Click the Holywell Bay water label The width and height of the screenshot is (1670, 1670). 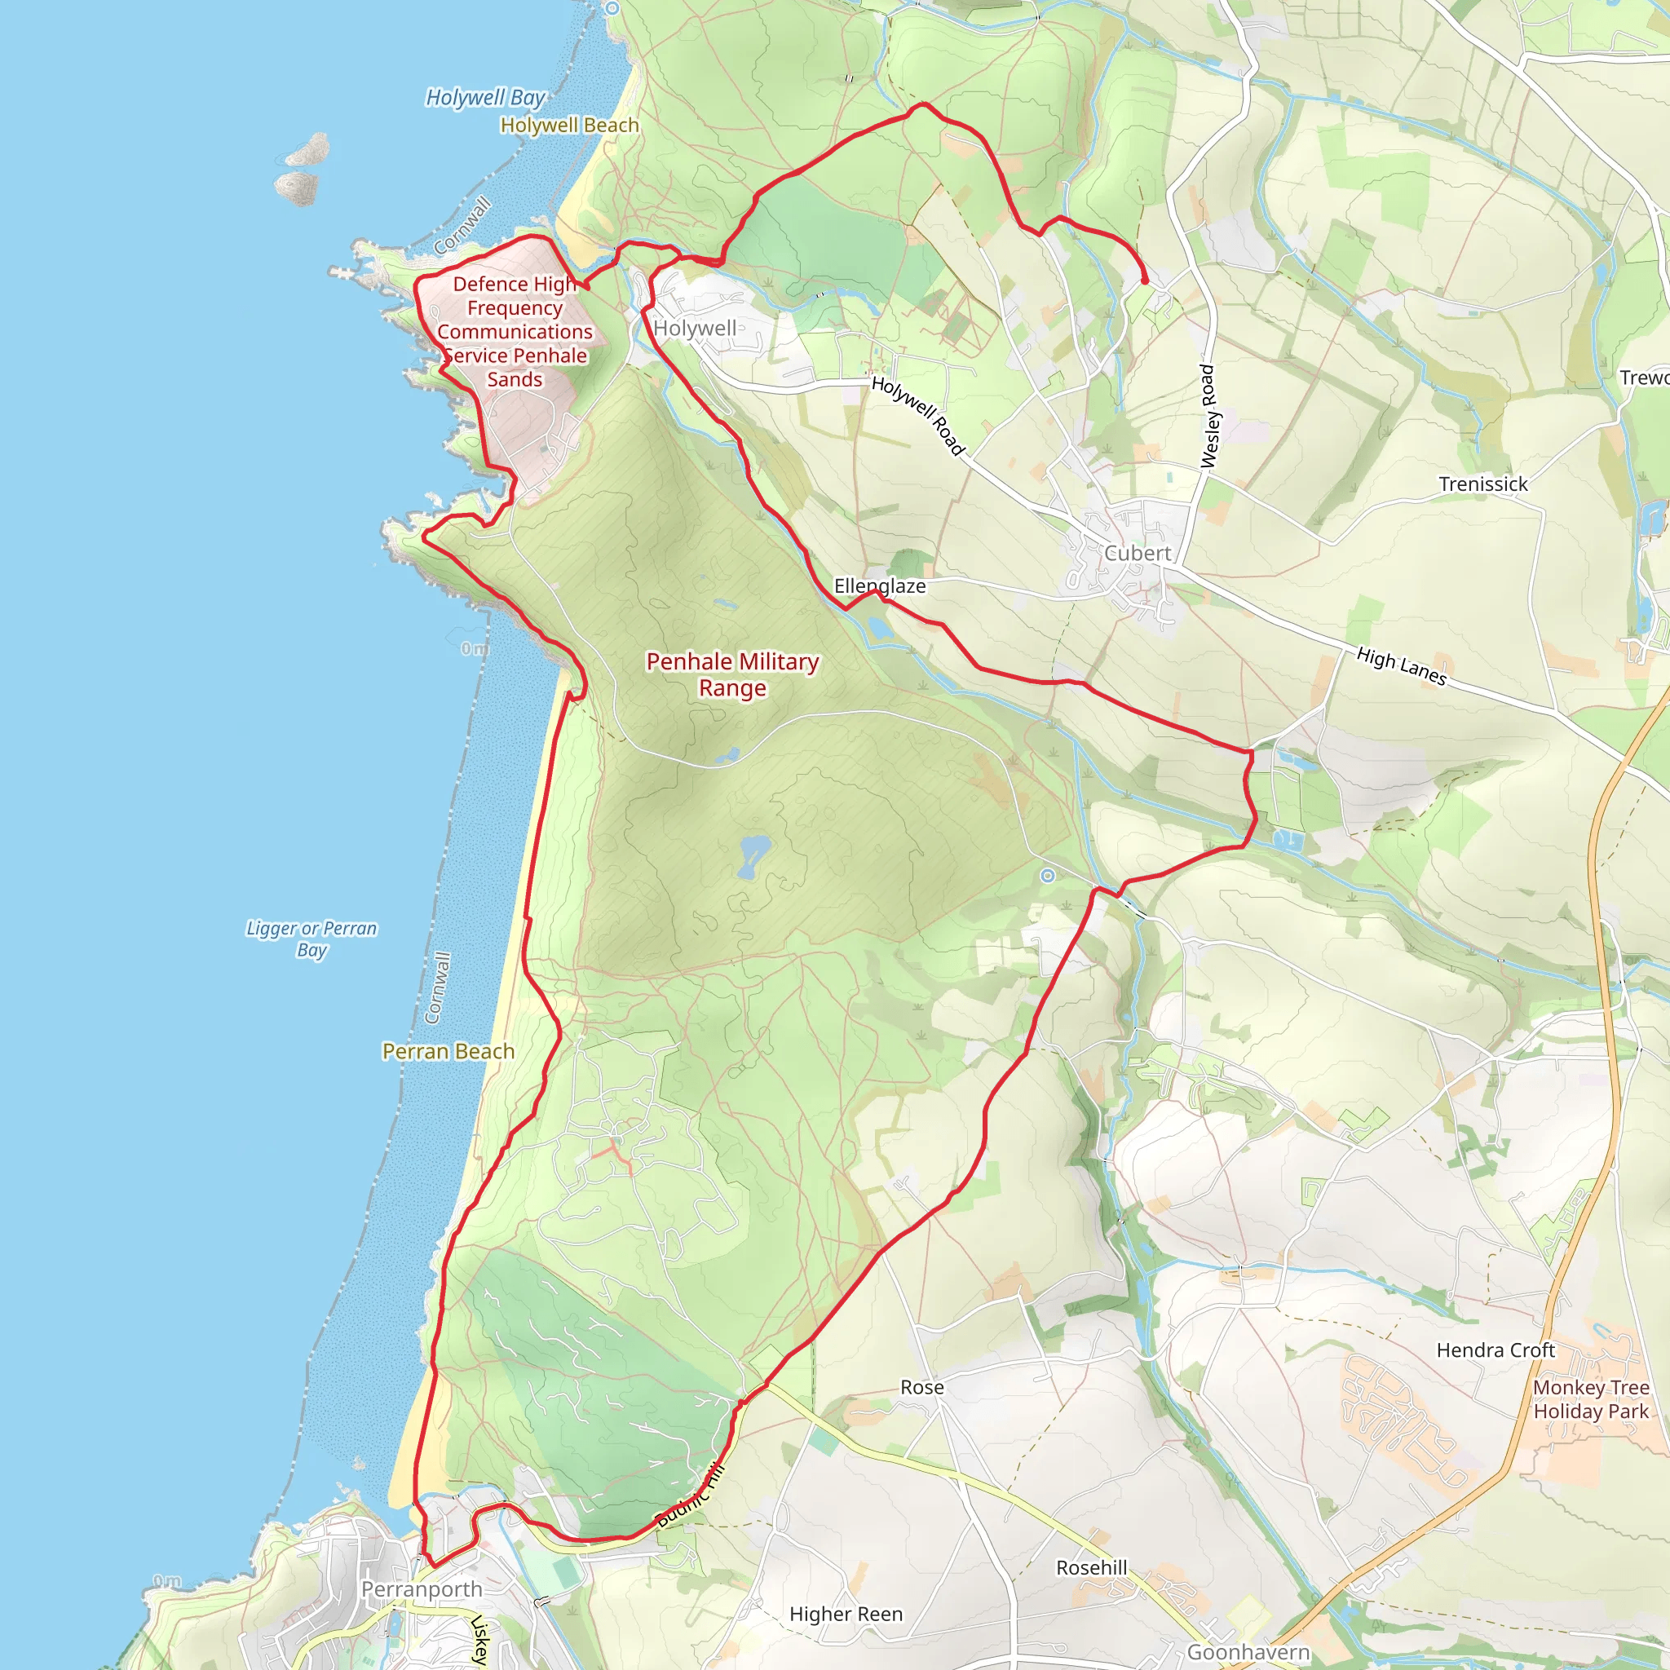485,98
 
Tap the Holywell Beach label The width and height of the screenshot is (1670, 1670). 570,126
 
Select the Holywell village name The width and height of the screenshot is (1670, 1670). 695,329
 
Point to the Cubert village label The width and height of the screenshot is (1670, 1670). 1138,553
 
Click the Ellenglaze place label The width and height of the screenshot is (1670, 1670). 879,586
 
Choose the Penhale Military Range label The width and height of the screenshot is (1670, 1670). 732,674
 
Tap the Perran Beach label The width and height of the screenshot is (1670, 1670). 448,1051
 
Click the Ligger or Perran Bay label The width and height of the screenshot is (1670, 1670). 311,939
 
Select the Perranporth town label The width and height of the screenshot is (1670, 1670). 422,1588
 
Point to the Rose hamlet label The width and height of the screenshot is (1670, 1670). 921,1387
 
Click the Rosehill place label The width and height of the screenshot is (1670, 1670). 1092,1568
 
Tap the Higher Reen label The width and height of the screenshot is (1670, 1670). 846,1614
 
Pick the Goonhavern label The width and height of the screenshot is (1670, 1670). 1248,1652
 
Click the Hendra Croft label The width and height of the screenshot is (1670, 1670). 1495,1350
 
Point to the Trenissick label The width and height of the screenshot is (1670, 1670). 1483,484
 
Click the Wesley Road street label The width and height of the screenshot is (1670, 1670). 1209,417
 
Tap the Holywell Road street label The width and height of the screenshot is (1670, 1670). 917,416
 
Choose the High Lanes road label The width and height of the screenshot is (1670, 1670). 1401,666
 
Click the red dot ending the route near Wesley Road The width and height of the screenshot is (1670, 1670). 1144,280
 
